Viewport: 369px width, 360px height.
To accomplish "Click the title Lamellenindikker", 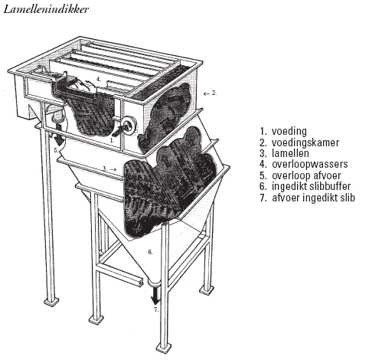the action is tap(46, 9).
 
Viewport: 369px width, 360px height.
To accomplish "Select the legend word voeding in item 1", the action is tap(289, 131).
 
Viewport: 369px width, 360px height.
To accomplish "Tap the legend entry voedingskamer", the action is tap(305, 142).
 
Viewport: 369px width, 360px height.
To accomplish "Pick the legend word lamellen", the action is tap(290, 153).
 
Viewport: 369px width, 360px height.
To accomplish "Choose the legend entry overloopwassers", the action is tap(310, 164).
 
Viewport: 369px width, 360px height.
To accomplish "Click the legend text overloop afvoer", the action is tap(306, 175).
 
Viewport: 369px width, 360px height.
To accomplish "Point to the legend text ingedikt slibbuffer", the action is tap(312, 186).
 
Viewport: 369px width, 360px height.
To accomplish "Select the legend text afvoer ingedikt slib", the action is tap(314, 198).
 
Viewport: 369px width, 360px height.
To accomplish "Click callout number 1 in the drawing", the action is tap(111, 140).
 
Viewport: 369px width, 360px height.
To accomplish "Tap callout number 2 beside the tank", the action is tap(214, 93).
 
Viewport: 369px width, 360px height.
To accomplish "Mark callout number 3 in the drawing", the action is tap(104, 169).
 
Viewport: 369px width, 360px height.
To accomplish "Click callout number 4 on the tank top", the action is tap(99, 79).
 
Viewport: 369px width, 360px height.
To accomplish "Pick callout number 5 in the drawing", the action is tap(56, 150).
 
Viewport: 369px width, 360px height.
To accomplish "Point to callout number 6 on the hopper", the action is tap(150, 252).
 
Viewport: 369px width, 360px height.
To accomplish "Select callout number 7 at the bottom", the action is tap(156, 310).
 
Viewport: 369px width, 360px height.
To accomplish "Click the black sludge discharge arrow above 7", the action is tap(155, 296).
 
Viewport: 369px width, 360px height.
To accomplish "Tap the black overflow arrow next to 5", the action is tap(59, 134).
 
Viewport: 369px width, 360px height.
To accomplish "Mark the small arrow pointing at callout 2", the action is tap(207, 94).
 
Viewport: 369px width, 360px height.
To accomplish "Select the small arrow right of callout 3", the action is tap(113, 169).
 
